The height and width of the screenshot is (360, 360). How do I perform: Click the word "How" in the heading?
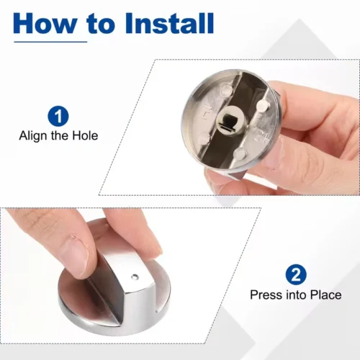(x=46, y=23)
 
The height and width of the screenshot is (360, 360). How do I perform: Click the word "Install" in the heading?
(x=168, y=23)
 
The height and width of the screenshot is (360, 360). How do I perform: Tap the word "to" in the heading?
(x=102, y=24)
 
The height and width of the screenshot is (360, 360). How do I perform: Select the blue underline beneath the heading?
(x=50, y=42)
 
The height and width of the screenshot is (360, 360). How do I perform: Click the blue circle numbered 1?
(x=58, y=116)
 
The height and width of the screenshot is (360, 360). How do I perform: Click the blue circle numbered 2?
(x=296, y=275)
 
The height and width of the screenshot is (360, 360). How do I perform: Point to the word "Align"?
(x=33, y=136)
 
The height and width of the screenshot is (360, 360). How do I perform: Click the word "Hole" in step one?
(x=86, y=135)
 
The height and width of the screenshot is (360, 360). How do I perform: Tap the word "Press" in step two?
(x=266, y=294)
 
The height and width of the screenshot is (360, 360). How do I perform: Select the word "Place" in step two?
(x=326, y=294)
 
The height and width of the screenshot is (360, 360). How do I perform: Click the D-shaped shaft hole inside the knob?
(x=228, y=119)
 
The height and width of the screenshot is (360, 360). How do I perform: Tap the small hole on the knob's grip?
(x=135, y=277)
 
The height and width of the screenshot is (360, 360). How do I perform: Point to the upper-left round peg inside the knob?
(x=226, y=90)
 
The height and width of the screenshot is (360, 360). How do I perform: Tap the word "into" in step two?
(x=296, y=294)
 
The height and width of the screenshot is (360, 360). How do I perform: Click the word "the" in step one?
(x=60, y=135)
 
